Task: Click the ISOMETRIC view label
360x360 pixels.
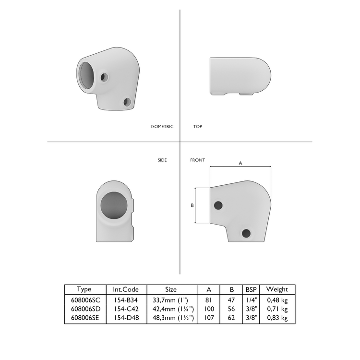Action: click(162, 127)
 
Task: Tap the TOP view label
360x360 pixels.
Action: click(197, 127)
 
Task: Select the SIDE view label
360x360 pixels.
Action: click(162, 160)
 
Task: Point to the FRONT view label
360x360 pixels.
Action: click(197, 160)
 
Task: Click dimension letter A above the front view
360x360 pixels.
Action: click(240, 163)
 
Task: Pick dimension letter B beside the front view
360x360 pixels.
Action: click(192, 205)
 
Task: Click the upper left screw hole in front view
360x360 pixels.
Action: click(218, 205)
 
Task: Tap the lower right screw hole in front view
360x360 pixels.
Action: click(246, 233)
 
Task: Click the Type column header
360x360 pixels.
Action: click(84, 289)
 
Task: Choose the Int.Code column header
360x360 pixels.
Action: click(126, 289)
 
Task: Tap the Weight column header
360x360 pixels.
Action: click(277, 289)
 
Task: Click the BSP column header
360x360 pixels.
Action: click(251, 289)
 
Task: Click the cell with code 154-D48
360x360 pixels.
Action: click(126, 318)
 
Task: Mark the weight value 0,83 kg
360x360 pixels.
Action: click(277, 318)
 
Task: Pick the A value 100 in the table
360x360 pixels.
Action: click(209, 309)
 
